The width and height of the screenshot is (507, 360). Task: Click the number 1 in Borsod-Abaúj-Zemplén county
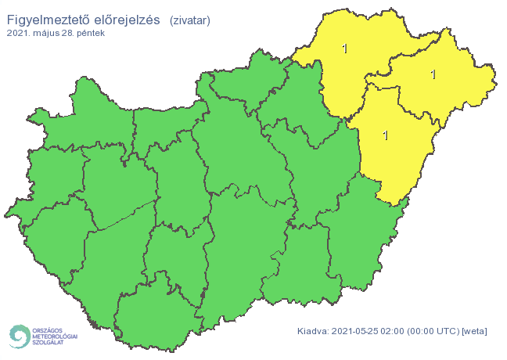345,49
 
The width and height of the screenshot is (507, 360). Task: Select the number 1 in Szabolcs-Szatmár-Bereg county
433,74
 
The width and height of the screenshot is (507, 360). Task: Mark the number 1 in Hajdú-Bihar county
385,135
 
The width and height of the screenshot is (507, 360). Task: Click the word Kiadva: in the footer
314,331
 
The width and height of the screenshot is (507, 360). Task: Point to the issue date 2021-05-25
357,331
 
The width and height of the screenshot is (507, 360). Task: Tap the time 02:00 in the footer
395,331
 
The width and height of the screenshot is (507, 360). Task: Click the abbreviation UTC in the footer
449,331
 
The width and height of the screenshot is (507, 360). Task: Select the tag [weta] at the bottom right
476,331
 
